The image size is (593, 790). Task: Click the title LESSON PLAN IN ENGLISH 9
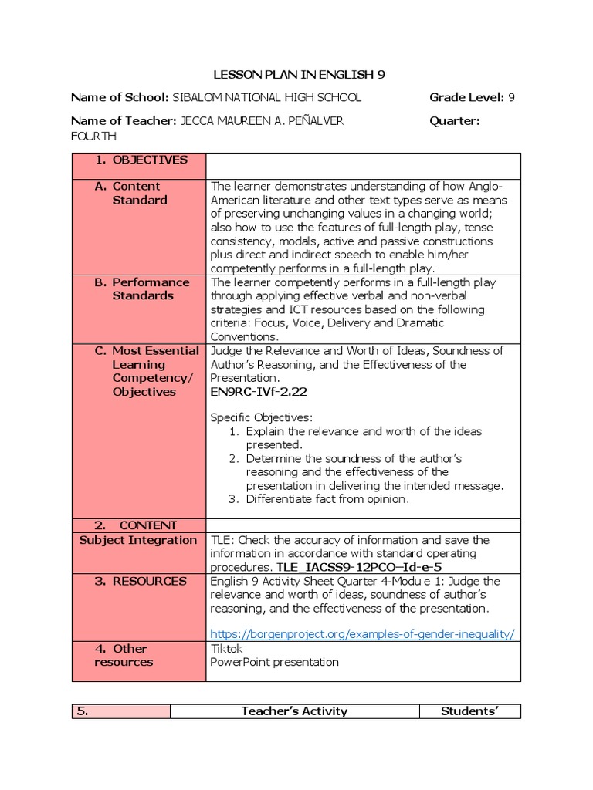298,74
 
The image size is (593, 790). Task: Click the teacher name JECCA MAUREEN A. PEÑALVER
262,120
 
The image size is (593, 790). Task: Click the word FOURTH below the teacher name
93,136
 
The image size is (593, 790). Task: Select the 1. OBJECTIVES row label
141,160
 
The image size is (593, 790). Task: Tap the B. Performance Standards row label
142,289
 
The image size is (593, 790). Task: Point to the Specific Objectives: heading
262,417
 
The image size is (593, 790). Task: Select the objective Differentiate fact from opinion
327,499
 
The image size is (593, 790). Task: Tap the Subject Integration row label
138,540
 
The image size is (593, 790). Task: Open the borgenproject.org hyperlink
362,633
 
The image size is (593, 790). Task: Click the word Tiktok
226,648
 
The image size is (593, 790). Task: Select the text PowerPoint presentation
274,662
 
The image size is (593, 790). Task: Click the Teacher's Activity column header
294,711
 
